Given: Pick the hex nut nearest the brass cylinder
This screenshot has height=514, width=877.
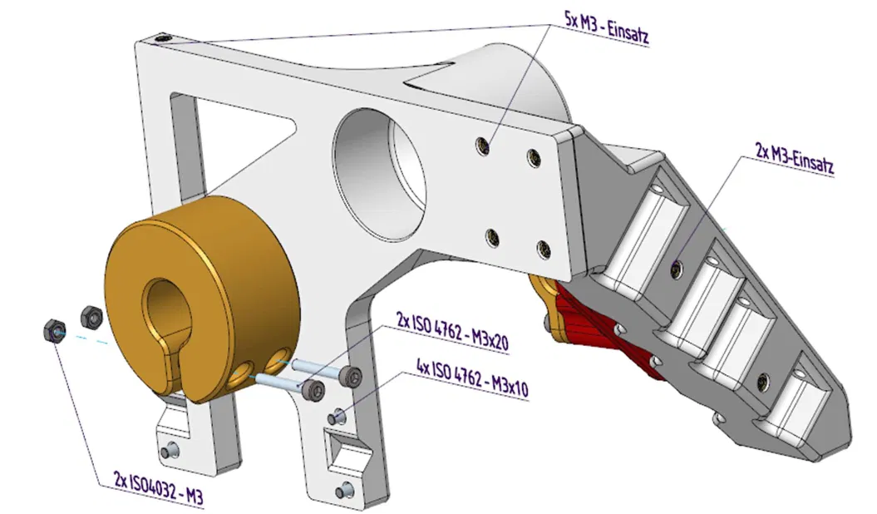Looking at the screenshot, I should tap(91, 316).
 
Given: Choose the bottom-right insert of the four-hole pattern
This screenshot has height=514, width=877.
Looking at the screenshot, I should tap(543, 247).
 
